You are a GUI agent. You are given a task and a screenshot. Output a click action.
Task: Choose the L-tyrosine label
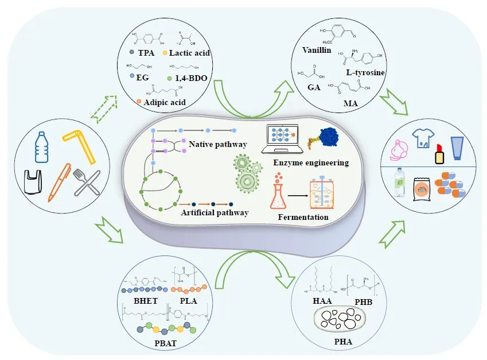[x=364, y=72]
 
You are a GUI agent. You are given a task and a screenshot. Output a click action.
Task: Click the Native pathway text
[x=217, y=144]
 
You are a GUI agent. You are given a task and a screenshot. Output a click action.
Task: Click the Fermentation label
[x=303, y=217]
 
